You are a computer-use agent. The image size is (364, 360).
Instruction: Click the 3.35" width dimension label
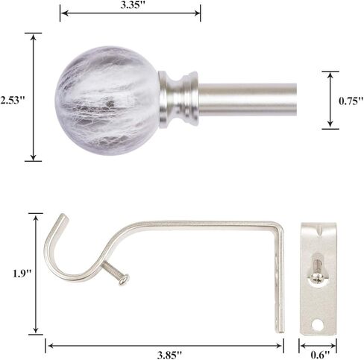[x=130, y=6]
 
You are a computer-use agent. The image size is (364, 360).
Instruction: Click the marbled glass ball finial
[x=107, y=95]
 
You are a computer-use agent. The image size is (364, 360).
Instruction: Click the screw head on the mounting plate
[x=318, y=277]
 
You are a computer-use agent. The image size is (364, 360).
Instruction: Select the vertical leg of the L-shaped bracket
[x=280, y=276]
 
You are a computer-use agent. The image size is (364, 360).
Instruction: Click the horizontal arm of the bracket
[x=201, y=224]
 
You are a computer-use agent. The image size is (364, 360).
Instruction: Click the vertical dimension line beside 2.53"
[x=33, y=97]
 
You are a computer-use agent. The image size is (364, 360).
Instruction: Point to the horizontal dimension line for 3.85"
[x=164, y=344]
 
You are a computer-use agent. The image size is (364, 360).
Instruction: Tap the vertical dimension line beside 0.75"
[x=330, y=100]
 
